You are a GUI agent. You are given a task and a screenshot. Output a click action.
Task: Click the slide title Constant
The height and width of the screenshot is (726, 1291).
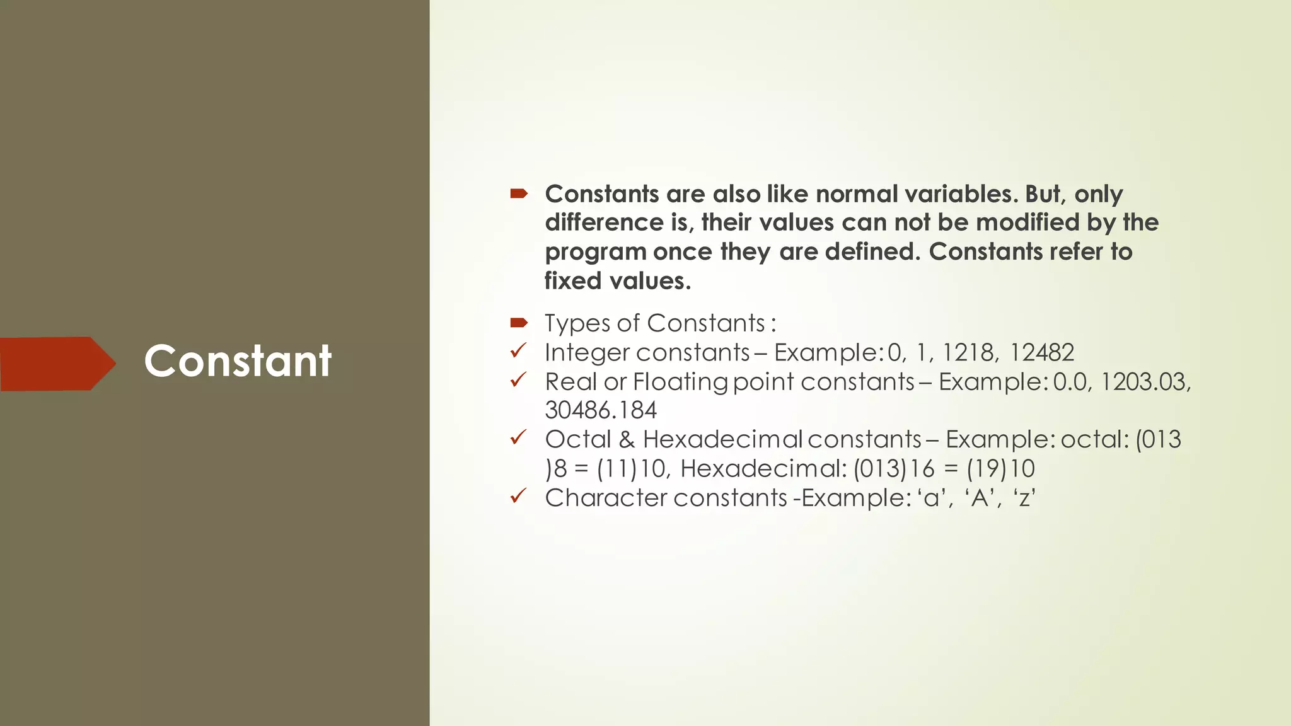click(x=238, y=361)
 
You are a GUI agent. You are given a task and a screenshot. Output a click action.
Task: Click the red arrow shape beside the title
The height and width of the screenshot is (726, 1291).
click(x=57, y=364)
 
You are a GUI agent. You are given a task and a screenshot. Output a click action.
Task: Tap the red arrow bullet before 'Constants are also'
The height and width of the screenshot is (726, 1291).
click(x=518, y=194)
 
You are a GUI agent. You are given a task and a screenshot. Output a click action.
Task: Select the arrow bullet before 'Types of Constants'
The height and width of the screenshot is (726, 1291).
click(x=518, y=323)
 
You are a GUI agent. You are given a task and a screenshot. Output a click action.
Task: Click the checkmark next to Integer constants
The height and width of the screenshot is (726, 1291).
click(x=518, y=351)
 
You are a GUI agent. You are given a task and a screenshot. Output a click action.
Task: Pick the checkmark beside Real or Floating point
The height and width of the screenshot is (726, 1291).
click(x=518, y=380)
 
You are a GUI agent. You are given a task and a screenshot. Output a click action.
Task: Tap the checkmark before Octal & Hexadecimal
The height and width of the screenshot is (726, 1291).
click(x=518, y=437)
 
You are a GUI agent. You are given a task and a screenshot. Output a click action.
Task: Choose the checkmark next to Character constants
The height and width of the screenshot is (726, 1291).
click(x=518, y=496)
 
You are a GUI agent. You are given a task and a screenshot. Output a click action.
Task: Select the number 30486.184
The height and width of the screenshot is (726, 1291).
click(x=601, y=411)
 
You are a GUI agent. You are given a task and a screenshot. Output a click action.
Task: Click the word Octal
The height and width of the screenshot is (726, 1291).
click(x=578, y=439)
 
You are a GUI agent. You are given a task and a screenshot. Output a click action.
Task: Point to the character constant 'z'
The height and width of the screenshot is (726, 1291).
click(x=1024, y=498)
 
